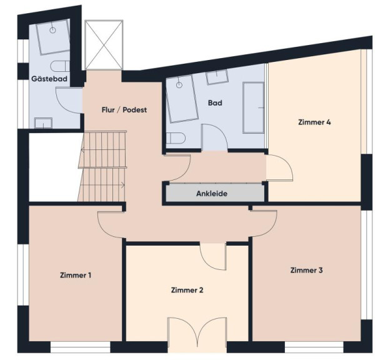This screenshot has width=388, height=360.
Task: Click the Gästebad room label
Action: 49,79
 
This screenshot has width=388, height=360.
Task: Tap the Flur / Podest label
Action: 124,109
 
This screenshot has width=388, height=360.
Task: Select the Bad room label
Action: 215,102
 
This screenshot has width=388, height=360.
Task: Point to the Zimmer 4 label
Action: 314,122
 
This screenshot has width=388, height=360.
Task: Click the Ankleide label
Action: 212,194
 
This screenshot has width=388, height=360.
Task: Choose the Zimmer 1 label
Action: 76,275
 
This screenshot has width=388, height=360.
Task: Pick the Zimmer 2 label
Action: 187,290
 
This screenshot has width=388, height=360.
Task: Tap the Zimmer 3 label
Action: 306,270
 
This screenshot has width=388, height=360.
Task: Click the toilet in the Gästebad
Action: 60,67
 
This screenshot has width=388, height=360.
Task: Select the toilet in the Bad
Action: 176,138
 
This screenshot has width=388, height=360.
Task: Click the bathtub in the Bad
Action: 254,107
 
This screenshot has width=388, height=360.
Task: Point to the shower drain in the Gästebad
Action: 52,30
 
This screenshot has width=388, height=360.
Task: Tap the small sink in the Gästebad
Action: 43,123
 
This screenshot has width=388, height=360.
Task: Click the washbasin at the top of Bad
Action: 217,77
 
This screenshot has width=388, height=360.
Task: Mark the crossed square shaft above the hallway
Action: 104,44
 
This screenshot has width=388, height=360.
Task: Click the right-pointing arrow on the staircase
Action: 123,185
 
